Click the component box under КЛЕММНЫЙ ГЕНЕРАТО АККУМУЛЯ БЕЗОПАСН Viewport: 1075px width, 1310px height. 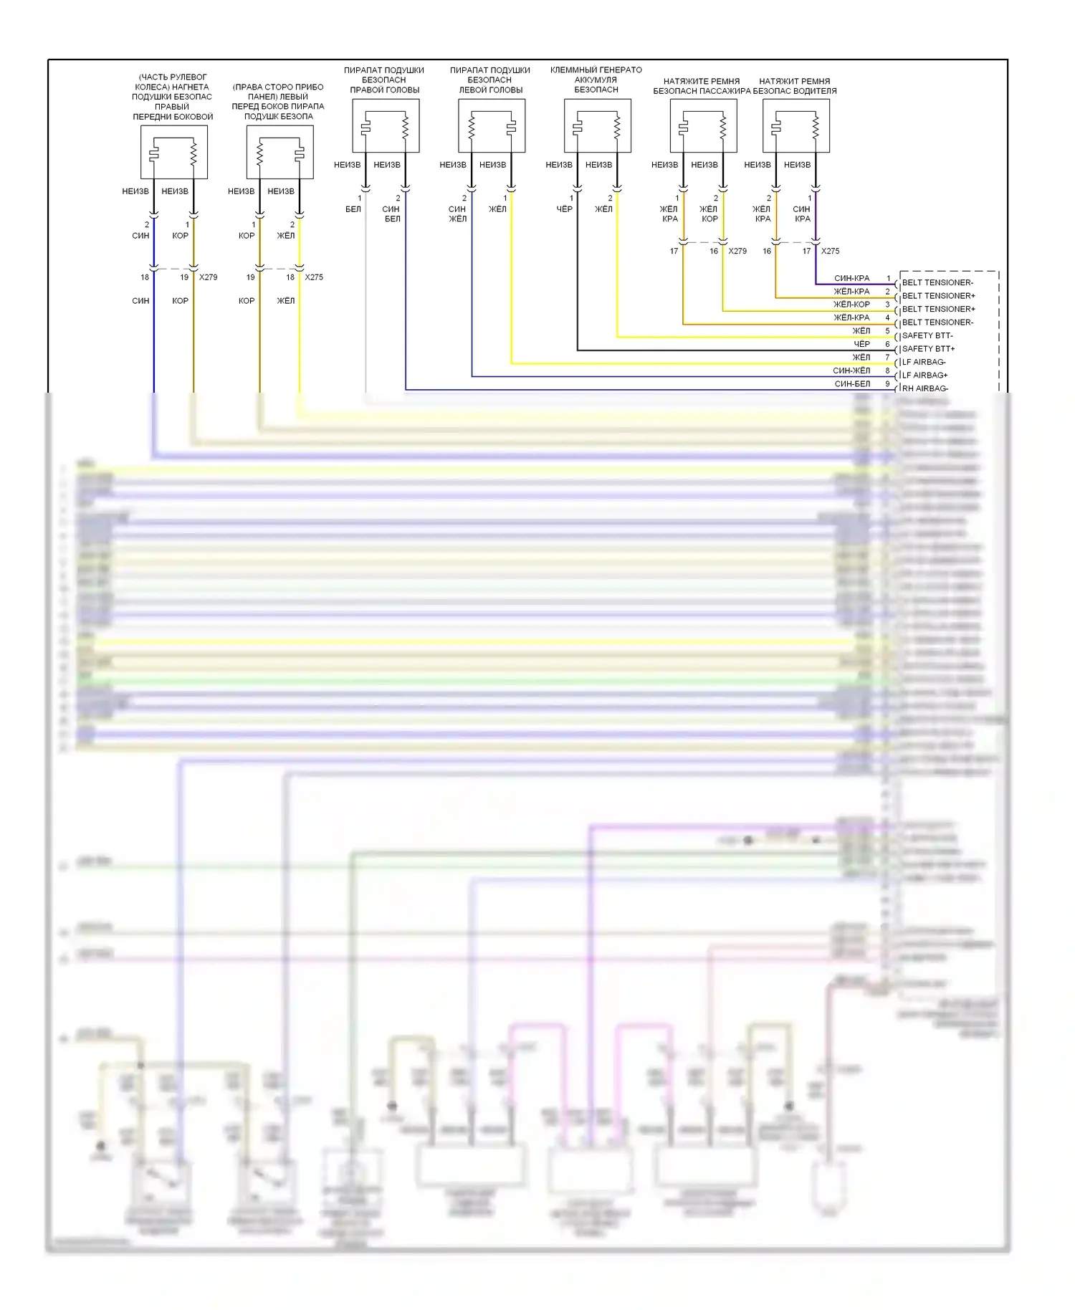pyautogui.click(x=597, y=125)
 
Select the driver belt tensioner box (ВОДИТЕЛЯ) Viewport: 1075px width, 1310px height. pyautogui.click(x=796, y=125)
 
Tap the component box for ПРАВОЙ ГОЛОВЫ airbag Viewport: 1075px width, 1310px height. pyautogui.click(x=386, y=125)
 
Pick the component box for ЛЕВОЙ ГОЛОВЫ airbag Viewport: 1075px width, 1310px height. pyautogui.click(x=492, y=125)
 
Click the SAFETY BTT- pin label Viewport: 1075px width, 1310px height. pyautogui.click(x=927, y=335)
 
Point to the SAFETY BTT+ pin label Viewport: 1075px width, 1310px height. pyautogui.click(x=928, y=349)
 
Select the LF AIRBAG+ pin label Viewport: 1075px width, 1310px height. pyautogui.click(x=924, y=376)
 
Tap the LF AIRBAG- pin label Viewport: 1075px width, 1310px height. pyautogui.click(x=924, y=362)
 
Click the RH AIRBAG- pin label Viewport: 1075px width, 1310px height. pyautogui.click(x=924, y=388)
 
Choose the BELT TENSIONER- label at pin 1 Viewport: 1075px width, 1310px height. pyautogui.click(x=937, y=282)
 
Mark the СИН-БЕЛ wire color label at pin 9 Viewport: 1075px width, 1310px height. pyautogui.click(x=852, y=384)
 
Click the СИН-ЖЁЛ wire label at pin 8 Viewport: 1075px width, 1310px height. pyautogui.click(x=851, y=370)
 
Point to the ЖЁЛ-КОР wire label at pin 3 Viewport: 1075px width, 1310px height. pyautogui.click(x=851, y=305)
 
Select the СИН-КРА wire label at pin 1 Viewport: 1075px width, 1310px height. pyautogui.click(x=851, y=278)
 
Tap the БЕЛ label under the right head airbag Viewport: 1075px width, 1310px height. pyautogui.click(x=353, y=209)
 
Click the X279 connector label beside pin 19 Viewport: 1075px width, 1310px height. pyautogui.click(x=208, y=277)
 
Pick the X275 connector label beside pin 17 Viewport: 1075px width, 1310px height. pyautogui.click(x=830, y=251)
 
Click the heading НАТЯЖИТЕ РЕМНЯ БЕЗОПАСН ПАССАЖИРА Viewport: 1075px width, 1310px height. pyautogui.click(x=702, y=86)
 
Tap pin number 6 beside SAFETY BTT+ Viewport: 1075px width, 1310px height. pyautogui.click(x=887, y=344)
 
